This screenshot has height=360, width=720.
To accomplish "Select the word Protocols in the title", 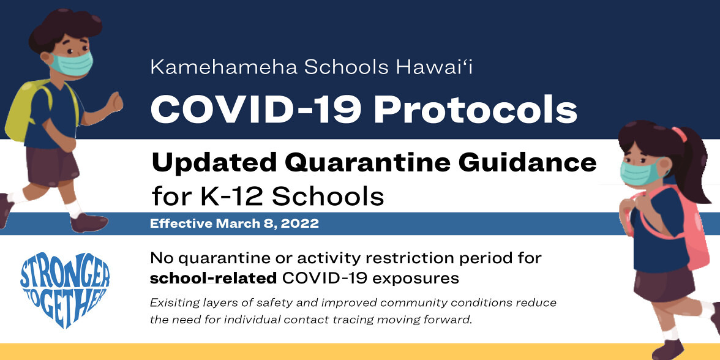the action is point(475,111).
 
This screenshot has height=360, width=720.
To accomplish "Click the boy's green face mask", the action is point(71,64).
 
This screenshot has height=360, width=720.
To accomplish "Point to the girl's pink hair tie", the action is point(678,133).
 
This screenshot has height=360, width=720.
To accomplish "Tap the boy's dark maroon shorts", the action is point(51,163).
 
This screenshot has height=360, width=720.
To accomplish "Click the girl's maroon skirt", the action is point(664,284).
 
